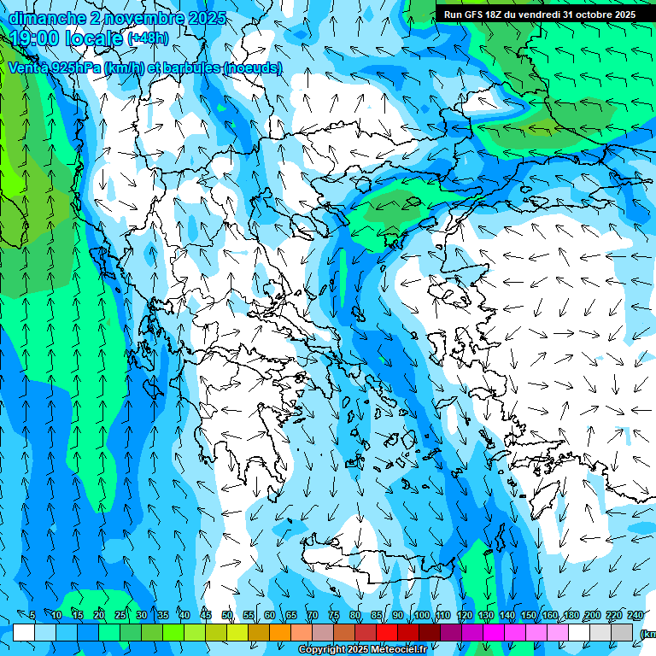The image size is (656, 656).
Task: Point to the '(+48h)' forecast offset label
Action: [x=148, y=38]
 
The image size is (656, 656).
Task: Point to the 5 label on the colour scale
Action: [x=32, y=615]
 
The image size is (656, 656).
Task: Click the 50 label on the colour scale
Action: [x=227, y=615]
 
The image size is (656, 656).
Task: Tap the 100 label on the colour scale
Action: [x=421, y=615]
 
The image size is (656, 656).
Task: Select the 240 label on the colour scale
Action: [x=635, y=615]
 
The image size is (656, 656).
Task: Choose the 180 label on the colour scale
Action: [x=571, y=615]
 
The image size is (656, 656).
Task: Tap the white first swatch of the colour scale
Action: [x=24, y=632]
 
